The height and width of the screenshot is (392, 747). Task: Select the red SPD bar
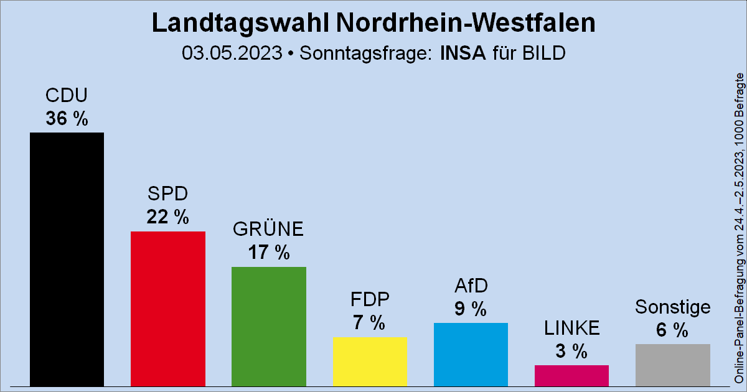tap(167, 308)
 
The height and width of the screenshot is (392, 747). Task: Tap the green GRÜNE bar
tap(268, 326)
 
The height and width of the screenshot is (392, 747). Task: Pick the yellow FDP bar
tap(370, 361)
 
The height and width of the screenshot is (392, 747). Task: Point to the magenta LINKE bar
tap(571, 375)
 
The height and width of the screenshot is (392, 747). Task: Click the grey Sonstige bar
tap(672, 365)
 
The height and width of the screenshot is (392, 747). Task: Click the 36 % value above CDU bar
tap(67, 118)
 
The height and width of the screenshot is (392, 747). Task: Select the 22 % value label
tap(167, 217)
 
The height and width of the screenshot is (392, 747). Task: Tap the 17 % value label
tap(268, 253)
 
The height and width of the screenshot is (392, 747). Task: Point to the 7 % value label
tap(370, 322)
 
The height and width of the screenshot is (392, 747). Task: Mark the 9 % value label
tap(471, 309)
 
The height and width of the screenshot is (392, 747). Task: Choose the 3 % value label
tap(571, 351)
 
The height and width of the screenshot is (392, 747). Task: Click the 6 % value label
tap(672, 330)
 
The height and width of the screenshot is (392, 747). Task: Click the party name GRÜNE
tap(268, 230)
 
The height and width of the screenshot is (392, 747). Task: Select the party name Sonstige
tap(672, 307)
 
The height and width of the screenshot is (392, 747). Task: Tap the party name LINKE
tap(571, 327)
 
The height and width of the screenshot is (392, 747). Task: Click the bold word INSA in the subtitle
tap(463, 53)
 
